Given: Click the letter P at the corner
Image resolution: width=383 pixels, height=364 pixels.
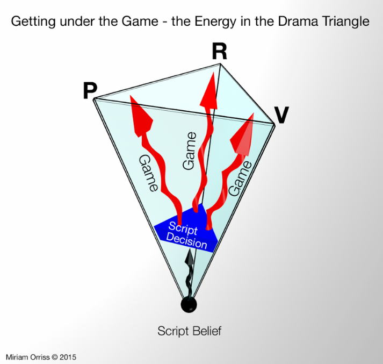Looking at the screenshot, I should point(89,92).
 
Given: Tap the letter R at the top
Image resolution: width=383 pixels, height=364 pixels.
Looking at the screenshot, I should point(219,52).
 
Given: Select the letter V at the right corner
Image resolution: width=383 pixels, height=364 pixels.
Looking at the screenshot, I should point(281,115).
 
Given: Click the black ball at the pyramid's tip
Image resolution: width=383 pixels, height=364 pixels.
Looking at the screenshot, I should point(188,304).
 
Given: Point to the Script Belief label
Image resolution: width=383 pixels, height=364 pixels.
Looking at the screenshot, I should point(189,331).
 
